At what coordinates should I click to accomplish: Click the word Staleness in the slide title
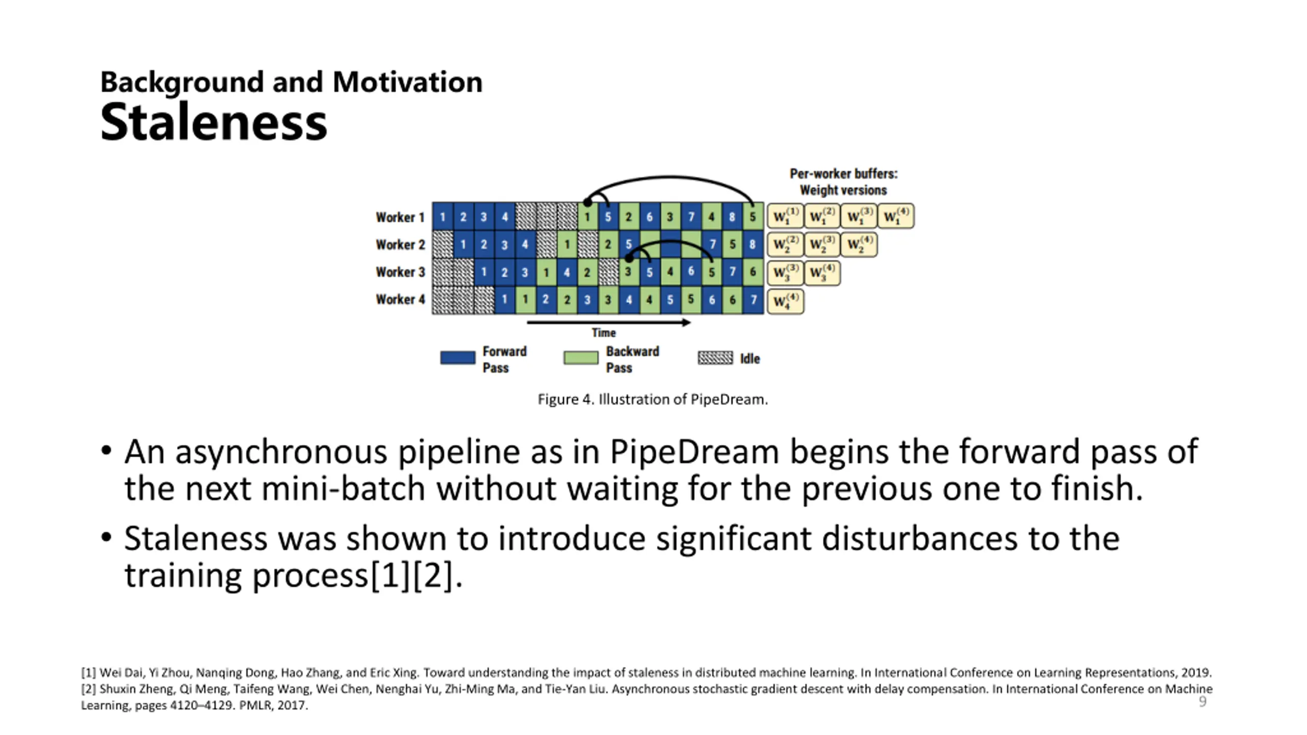coord(213,122)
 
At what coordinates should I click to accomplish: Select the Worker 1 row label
coord(400,217)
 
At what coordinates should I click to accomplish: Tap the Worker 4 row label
coord(400,299)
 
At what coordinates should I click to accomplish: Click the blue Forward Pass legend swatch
coord(457,357)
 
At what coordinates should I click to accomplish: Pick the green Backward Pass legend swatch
coord(580,357)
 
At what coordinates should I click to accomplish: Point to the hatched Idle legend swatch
coord(715,358)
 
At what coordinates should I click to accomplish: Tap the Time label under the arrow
coord(603,333)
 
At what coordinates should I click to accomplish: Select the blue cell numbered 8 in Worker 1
coord(732,216)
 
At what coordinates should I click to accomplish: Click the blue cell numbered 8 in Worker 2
coord(753,244)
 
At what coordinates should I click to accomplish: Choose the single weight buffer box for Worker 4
coord(785,301)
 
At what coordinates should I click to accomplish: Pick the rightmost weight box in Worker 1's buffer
coord(896,216)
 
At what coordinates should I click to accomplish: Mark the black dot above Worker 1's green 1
coord(588,203)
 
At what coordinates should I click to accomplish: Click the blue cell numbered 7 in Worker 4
coord(754,300)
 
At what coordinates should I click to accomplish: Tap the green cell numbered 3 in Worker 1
coord(670,216)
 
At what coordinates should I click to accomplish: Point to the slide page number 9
coord(1202,702)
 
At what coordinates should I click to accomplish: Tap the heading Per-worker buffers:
coord(843,174)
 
